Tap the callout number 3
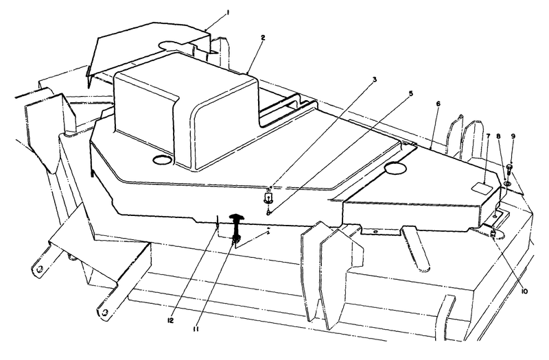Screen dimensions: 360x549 [375, 80]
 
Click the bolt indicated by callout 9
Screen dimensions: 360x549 [511, 168]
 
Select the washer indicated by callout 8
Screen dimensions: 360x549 [506, 183]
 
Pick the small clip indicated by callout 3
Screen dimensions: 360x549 [269, 198]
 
